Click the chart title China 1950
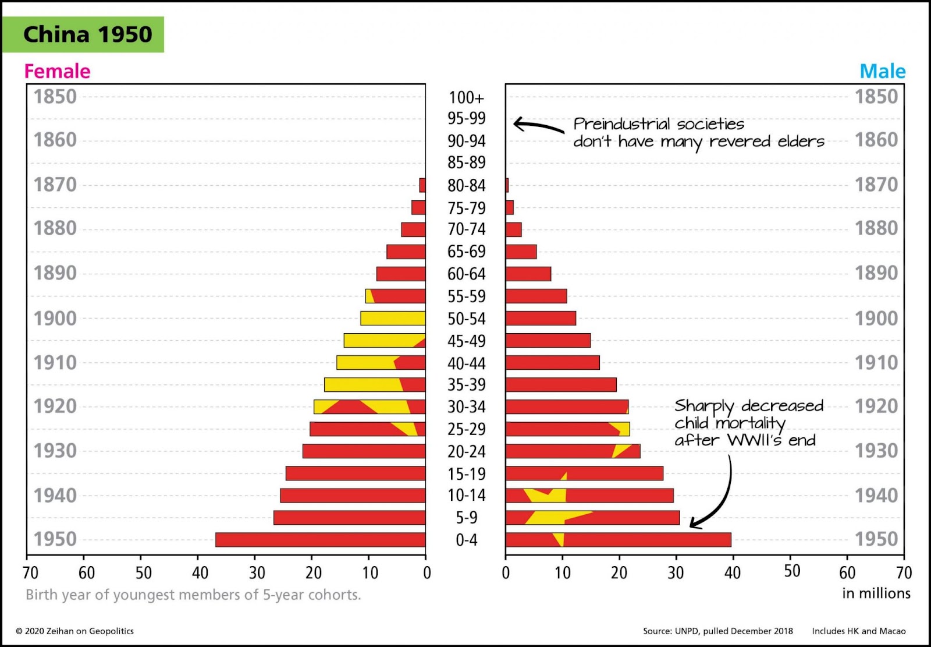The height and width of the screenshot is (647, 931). pyautogui.click(x=87, y=34)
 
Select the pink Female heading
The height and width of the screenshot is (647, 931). pyautogui.click(x=57, y=71)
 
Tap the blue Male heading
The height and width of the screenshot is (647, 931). pyautogui.click(x=882, y=71)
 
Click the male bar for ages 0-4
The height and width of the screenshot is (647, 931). pyautogui.click(x=618, y=539)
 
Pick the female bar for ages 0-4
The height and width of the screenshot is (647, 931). pyautogui.click(x=320, y=539)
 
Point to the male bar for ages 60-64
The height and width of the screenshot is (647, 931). pyautogui.click(x=528, y=274)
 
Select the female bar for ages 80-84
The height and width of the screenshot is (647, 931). pyautogui.click(x=422, y=185)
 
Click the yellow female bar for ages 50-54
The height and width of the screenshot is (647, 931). pyautogui.click(x=393, y=318)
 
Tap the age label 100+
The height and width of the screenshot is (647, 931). pyautogui.click(x=466, y=97)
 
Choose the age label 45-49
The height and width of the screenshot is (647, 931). pyautogui.click(x=466, y=341)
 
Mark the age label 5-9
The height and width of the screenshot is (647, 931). pyautogui.click(x=466, y=517)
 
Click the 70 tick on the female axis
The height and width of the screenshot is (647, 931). pyautogui.click(x=30, y=572)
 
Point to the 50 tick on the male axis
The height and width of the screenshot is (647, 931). pyautogui.click(x=791, y=571)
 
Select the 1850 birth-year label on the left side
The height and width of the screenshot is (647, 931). pyautogui.click(x=55, y=97)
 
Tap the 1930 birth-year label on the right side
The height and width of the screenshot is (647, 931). pyautogui.click(x=876, y=450)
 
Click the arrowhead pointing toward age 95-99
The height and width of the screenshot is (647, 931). pyautogui.click(x=516, y=123)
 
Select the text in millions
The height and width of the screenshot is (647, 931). pyautogui.click(x=876, y=593)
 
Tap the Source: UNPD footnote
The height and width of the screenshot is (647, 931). pyautogui.click(x=717, y=631)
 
